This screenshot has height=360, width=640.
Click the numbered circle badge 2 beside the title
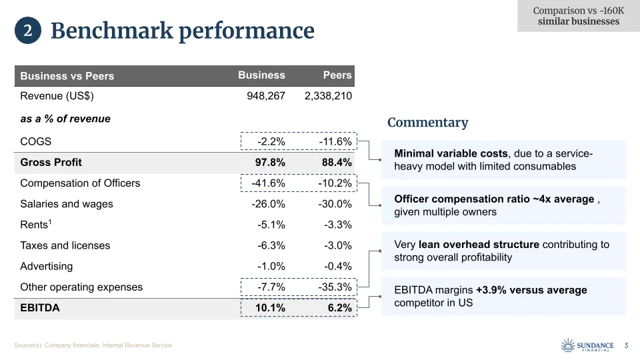[x=28, y=31]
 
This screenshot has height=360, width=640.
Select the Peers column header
[x=337, y=75]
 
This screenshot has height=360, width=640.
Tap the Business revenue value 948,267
[x=265, y=96]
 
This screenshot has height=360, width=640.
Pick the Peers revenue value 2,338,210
[x=328, y=96]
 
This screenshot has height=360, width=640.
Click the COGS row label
[x=36, y=141]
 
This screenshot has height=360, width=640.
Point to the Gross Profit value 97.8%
[x=271, y=162]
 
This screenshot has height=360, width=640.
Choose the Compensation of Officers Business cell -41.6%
[x=268, y=183]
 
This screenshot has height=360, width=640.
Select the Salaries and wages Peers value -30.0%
[x=335, y=204]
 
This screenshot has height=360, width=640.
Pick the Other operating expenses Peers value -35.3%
[x=335, y=287]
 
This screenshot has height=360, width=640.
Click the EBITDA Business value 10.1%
[x=271, y=308]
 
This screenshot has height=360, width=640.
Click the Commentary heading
[x=427, y=123]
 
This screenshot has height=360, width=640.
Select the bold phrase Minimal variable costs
[x=451, y=154]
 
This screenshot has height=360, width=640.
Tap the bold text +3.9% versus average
[x=531, y=290]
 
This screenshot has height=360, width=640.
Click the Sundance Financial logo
[x=587, y=345]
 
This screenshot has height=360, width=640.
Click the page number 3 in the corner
[x=626, y=345]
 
